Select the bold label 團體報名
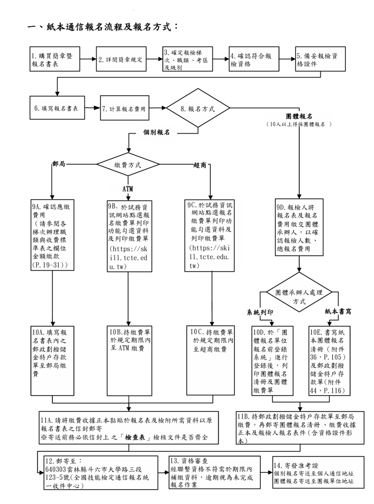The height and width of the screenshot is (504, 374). (299, 115)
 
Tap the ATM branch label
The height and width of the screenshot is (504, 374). (128, 189)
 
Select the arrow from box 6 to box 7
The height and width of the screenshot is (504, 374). (92, 108)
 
